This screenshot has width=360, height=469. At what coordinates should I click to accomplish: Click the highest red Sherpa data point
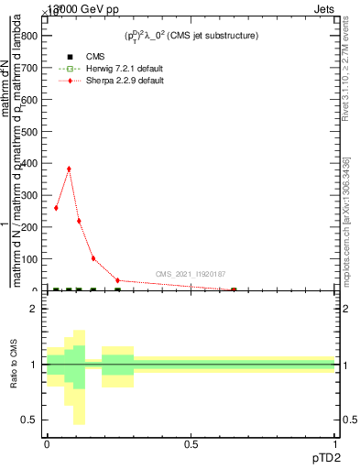coord(69,169)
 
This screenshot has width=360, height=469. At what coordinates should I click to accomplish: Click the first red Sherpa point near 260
coord(56,208)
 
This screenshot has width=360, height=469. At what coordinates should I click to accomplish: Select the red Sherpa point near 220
coord(79,221)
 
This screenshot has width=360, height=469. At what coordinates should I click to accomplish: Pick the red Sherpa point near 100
coord(93,258)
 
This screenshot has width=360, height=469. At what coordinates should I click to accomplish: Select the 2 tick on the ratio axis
coord(33,309)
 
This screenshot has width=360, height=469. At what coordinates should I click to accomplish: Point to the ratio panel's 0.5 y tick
coord(29,420)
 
